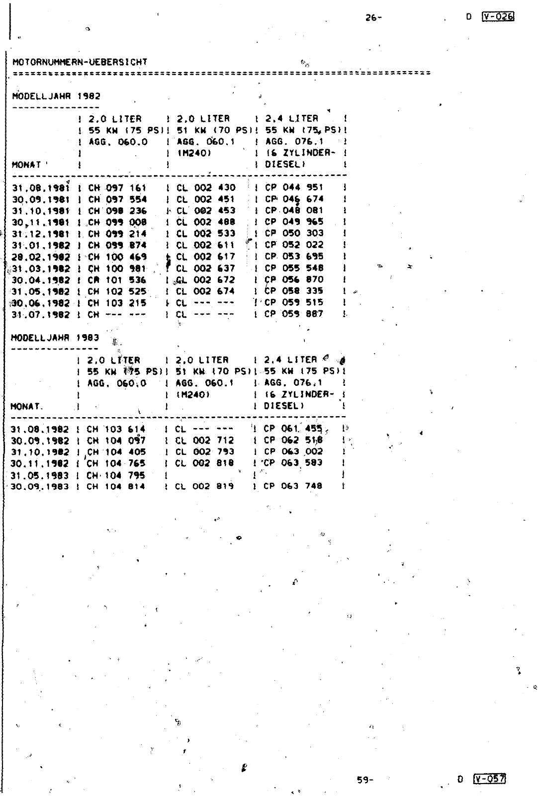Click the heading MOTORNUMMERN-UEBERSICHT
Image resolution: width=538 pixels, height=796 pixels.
tap(80, 63)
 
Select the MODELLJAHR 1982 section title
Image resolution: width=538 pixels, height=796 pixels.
tap(56, 96)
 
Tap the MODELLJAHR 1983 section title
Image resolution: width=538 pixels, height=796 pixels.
tap(55, 338)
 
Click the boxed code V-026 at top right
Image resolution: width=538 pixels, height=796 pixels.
tap(498, 16)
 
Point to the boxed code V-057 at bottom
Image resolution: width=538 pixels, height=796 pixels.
tap(490, 779)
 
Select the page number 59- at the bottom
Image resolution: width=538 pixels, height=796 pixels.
tap(365, 780)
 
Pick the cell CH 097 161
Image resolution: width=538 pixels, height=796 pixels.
tap(117, 187)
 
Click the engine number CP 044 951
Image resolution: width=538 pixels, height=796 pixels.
tap(294, 187)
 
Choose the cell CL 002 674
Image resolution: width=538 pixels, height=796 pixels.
tap(205, 291)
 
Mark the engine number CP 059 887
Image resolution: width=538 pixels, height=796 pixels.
tap(294, 314)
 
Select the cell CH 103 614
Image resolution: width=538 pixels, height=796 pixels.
tap(116, 429)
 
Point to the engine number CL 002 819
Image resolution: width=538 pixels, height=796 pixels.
tap(204, 486)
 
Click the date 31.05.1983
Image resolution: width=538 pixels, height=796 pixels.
tap(40, 475)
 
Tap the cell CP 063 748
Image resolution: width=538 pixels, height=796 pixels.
tap(293, 486)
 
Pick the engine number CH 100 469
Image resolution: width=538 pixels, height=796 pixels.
tap(117, 257)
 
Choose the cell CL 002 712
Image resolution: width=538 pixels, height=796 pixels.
tap(205, 441)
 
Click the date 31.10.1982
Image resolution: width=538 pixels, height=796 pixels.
tap(40, 452)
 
